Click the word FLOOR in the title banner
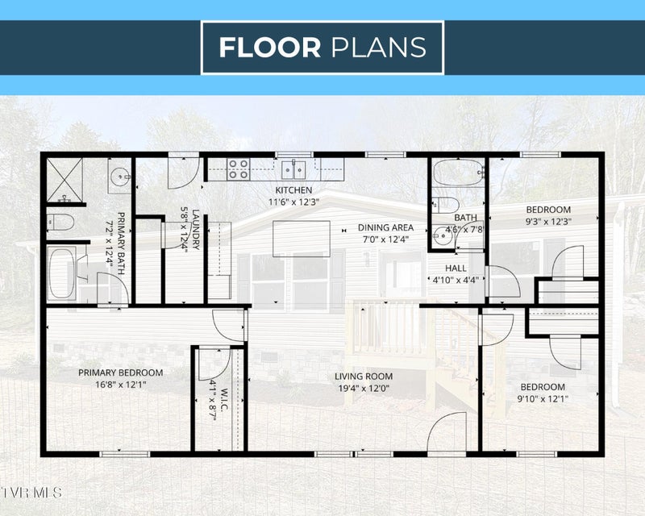pos(270,48)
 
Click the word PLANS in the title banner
pos(378,48)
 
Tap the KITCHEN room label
pos(293,190)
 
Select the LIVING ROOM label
pos(364,376)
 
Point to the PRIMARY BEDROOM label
pos(120,372)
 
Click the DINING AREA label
pos(385,227)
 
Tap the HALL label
pos(456,268)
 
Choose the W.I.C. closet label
pos(225,399)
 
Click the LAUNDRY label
pos(196,230)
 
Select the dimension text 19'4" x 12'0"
pos(364,388)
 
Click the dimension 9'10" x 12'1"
pos(543,399)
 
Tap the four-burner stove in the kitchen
pos(239,169)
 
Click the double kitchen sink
pos(293,170)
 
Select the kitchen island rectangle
pos(302,239)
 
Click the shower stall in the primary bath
pos(64,181)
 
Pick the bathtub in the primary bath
pos(62,273)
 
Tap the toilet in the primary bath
pos(60,223)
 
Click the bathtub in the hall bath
pos(458,173)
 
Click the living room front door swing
pos(447,432)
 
